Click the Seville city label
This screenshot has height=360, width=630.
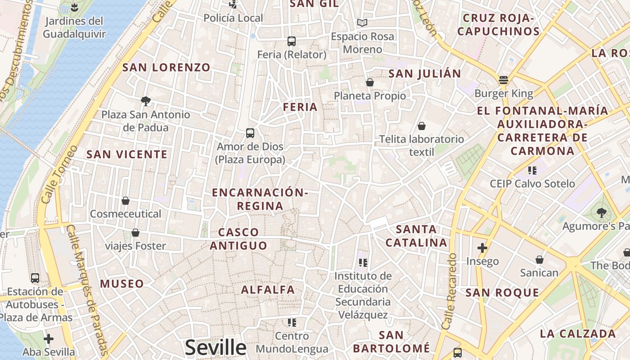click(x=216, y=347)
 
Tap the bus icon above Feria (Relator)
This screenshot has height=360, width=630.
click(x=291, y=41)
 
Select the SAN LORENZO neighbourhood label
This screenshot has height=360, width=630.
click(x=166, y=67)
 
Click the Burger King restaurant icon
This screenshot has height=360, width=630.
click(x=503, y=80)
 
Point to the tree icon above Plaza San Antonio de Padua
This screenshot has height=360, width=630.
click(x=145, y=101)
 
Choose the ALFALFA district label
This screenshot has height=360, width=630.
click(x=268, y=289)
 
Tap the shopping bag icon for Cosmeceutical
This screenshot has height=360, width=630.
click(x=126, y=201)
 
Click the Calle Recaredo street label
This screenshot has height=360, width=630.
click(x=450, y=297)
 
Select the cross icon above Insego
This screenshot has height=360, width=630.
click(x=482, y=248)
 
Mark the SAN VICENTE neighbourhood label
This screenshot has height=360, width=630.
click(x=127, y=154)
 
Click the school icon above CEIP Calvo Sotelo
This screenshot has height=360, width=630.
click(x=532, y=171)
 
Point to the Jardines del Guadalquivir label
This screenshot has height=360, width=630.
click(x=74, y=27)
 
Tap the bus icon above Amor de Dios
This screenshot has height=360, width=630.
click(x=250, y=133)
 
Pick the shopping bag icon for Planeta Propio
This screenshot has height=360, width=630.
click(x=369, y=82)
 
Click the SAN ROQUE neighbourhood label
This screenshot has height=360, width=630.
click(x=502, y=293)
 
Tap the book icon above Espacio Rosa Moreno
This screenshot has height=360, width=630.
click(x=362, y=22)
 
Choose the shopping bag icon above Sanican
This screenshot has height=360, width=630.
click(x=539, y=260)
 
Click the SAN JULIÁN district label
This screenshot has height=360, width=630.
click(x=425, y=73)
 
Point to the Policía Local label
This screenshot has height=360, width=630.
click(x=233, y=18)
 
